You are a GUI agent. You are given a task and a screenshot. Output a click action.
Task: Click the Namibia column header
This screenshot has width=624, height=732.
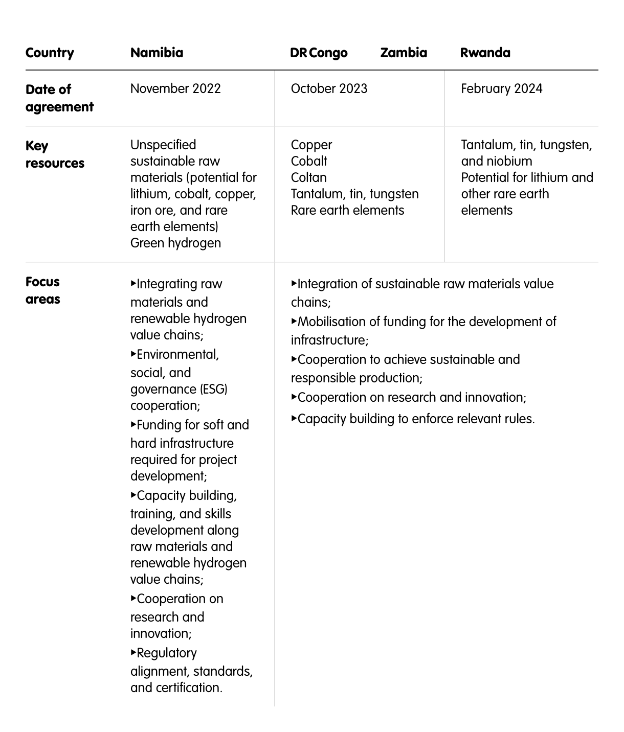coord(157,53)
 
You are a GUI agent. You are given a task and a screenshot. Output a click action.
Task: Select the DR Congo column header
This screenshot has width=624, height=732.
coord(319,53)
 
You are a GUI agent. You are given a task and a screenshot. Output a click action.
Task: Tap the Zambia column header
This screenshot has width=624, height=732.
coord(404,53)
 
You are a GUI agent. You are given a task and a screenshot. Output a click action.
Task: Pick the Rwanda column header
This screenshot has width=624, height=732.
coord(485,53)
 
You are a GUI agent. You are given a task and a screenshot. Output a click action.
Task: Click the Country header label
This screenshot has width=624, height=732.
coord(50,53)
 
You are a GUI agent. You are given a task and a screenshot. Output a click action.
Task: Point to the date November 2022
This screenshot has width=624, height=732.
coord(175,88)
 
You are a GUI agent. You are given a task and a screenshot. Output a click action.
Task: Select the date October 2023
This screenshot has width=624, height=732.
coord(329,88)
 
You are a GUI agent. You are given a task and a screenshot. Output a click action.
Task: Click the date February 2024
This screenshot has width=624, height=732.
coord(501,88)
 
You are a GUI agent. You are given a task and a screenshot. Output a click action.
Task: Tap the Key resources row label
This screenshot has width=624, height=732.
coord(55,154)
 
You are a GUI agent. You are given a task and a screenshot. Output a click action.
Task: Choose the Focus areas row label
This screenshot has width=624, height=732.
coord(43,290)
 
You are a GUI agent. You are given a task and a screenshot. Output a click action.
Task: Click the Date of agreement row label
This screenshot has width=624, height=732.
coord(59,98)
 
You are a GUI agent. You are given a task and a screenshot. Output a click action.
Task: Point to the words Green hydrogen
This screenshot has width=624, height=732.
coord(175,243)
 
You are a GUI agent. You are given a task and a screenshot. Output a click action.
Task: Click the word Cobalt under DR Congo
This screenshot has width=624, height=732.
coord(309,161)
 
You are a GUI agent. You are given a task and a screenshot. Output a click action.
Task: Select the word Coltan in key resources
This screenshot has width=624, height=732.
coord(308,177)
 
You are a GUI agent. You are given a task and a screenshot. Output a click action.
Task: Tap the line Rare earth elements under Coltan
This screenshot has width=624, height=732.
coord(347,210)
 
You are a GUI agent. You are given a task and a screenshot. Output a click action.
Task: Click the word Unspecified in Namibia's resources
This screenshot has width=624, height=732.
coord(163,145)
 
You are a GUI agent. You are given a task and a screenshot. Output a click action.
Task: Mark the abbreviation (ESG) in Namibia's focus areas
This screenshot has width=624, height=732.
coord(214,389)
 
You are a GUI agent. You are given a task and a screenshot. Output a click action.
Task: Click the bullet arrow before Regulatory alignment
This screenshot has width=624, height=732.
coord(133,652)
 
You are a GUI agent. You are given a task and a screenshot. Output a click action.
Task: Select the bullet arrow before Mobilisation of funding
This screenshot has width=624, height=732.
coord(294,321)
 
